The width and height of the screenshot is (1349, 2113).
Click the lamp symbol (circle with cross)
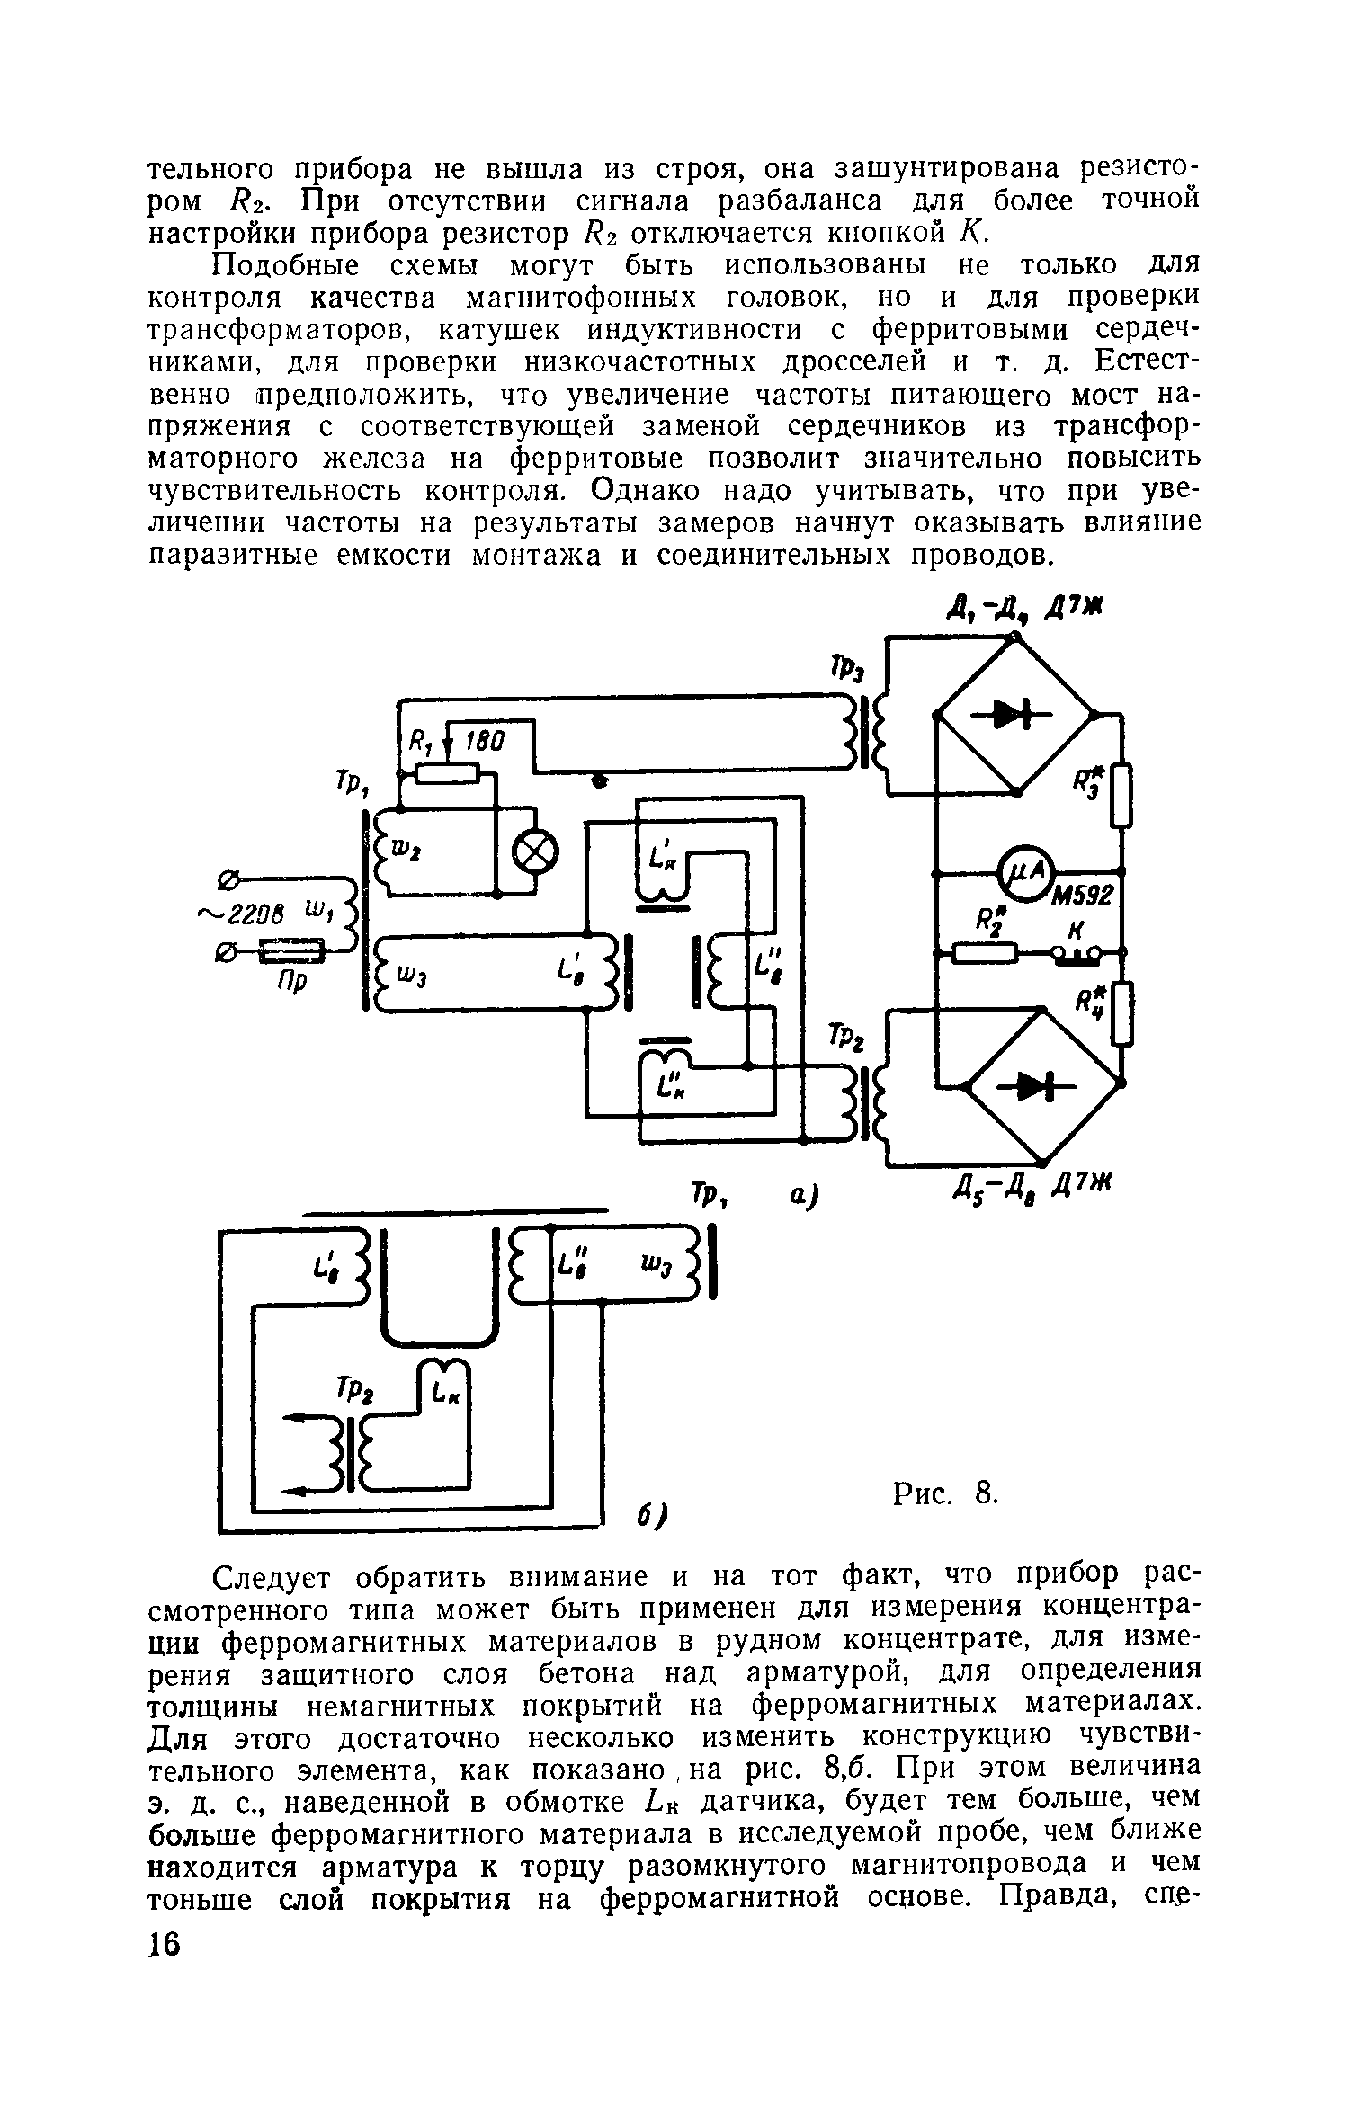pyautogui.click(x=534, y=850)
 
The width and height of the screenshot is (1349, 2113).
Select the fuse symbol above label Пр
pyautogui.click(x=290, y=949)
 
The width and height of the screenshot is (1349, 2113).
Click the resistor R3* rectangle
pyautogui.click(x=1121, y=795)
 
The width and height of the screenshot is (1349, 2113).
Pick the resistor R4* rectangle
pyautogui.click(x=1121, y=1014)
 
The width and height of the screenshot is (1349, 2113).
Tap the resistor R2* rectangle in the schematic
pyautogui.click(x=985, y=951)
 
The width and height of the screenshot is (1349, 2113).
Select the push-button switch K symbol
pyautogui.click(x=1076, y=953)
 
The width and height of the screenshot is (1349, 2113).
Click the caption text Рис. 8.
pyautogui.click(x=945, y=1494)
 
